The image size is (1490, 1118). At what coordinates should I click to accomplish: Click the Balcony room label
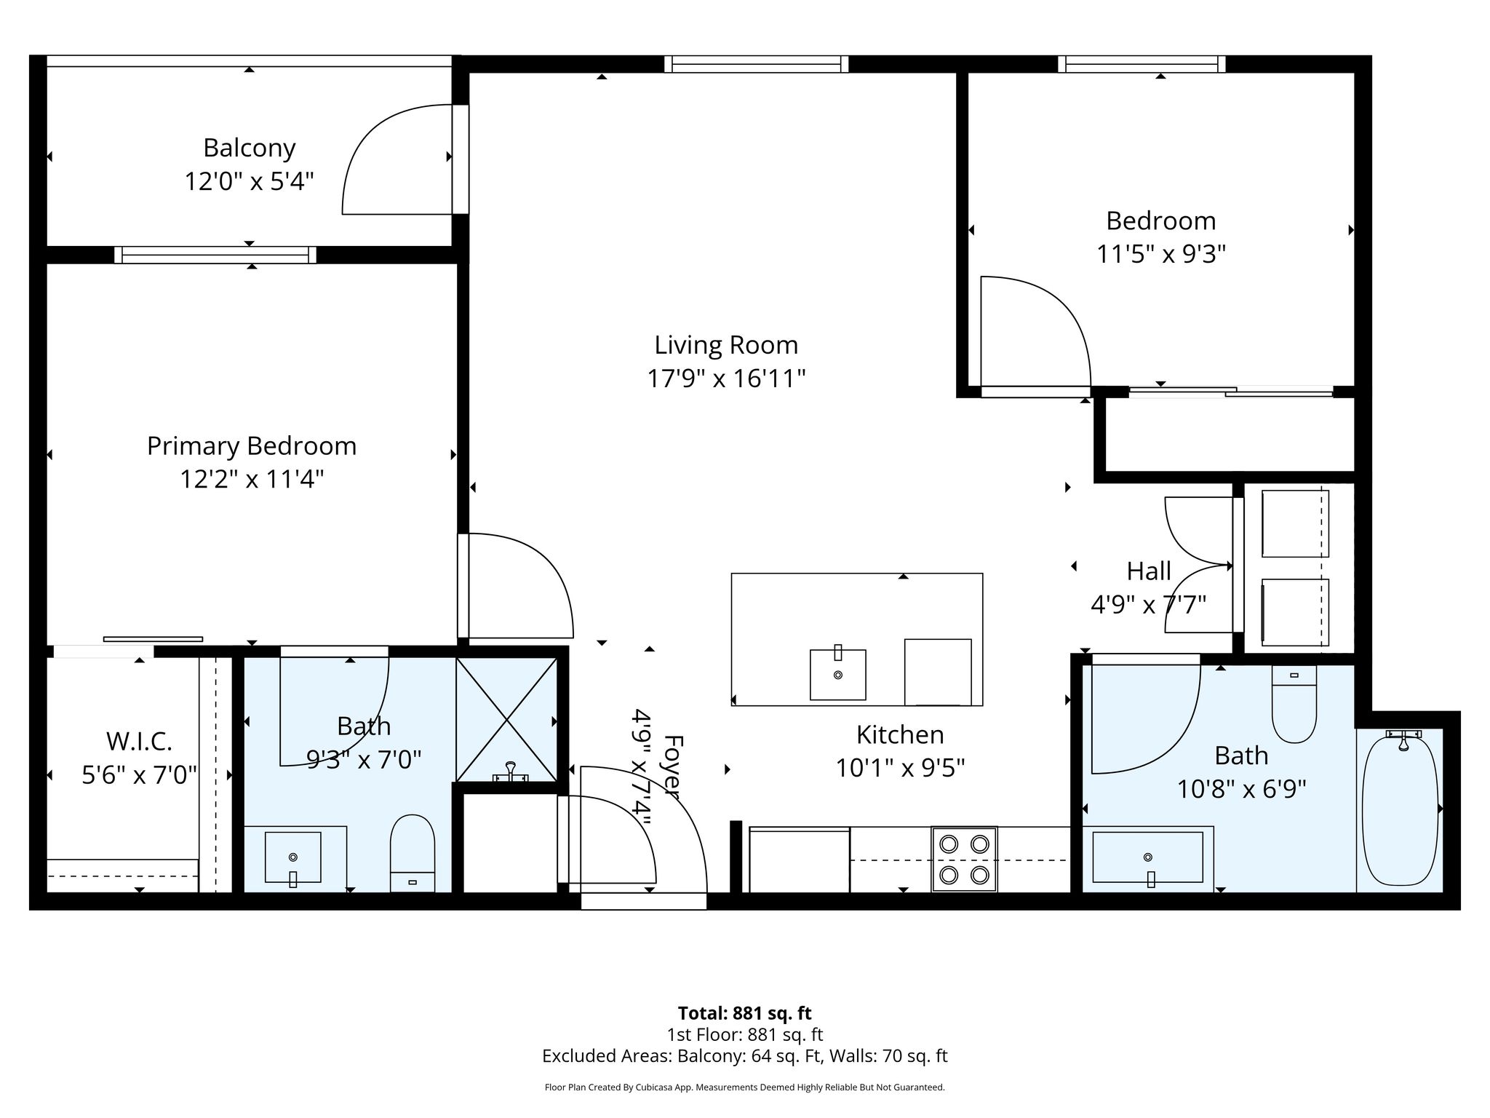(x=250, y=148)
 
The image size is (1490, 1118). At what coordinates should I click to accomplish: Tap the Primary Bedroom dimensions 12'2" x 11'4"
(x=252, y=479)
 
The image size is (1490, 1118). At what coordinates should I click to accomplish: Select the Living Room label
(x=726, y=345)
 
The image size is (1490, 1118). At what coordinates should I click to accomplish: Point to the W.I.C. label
(x=139, y=741)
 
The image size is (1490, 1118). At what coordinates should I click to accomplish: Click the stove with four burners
(x=964, y=859)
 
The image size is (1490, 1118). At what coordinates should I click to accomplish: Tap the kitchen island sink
(x=838, y=674)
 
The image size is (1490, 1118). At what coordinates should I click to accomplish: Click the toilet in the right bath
(x=1294, y=704)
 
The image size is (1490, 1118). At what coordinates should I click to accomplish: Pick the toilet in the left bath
(x=413, y=853)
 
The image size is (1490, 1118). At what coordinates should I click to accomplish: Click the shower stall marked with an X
(x=506, y=719)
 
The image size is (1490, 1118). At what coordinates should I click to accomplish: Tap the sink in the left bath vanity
(x=292, y=857)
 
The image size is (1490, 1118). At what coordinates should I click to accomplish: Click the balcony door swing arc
(x=372, y=134)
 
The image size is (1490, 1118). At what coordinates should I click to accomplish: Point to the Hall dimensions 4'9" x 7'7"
(x=1149, y=604)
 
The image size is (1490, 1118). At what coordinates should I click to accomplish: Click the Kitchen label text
(x=900, y=734)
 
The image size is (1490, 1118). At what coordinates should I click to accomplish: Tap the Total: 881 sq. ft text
(x=744, y=1013)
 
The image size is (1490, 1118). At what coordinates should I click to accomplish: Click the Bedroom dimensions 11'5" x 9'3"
(x=1161, y=254)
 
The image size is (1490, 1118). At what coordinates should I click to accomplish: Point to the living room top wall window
(x=757, y=64)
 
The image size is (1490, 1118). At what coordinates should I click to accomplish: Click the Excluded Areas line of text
(x=744, y=1056)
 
